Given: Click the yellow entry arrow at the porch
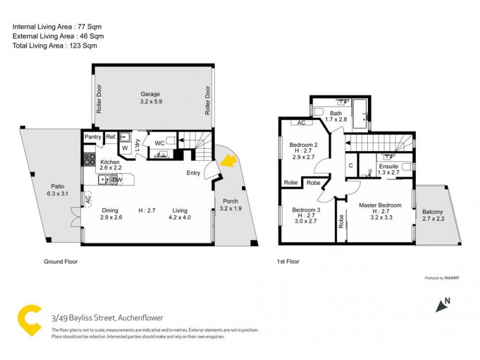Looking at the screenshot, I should pos(227,160).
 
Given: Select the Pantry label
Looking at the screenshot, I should pos(92,137).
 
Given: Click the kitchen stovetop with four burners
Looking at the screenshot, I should pos(89,159).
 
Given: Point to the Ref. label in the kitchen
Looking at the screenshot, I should pos(111,137).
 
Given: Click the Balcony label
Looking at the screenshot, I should pos(433,212).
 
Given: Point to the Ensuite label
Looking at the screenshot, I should pos(388,166).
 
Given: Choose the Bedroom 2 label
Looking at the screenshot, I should pos(303,145).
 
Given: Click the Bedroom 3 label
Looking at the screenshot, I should pos(303,210).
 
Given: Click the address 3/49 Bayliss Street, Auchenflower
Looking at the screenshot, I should pos(107,318).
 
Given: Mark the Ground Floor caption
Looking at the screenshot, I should pos(61,262).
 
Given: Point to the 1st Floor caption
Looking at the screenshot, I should pos(288,262).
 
